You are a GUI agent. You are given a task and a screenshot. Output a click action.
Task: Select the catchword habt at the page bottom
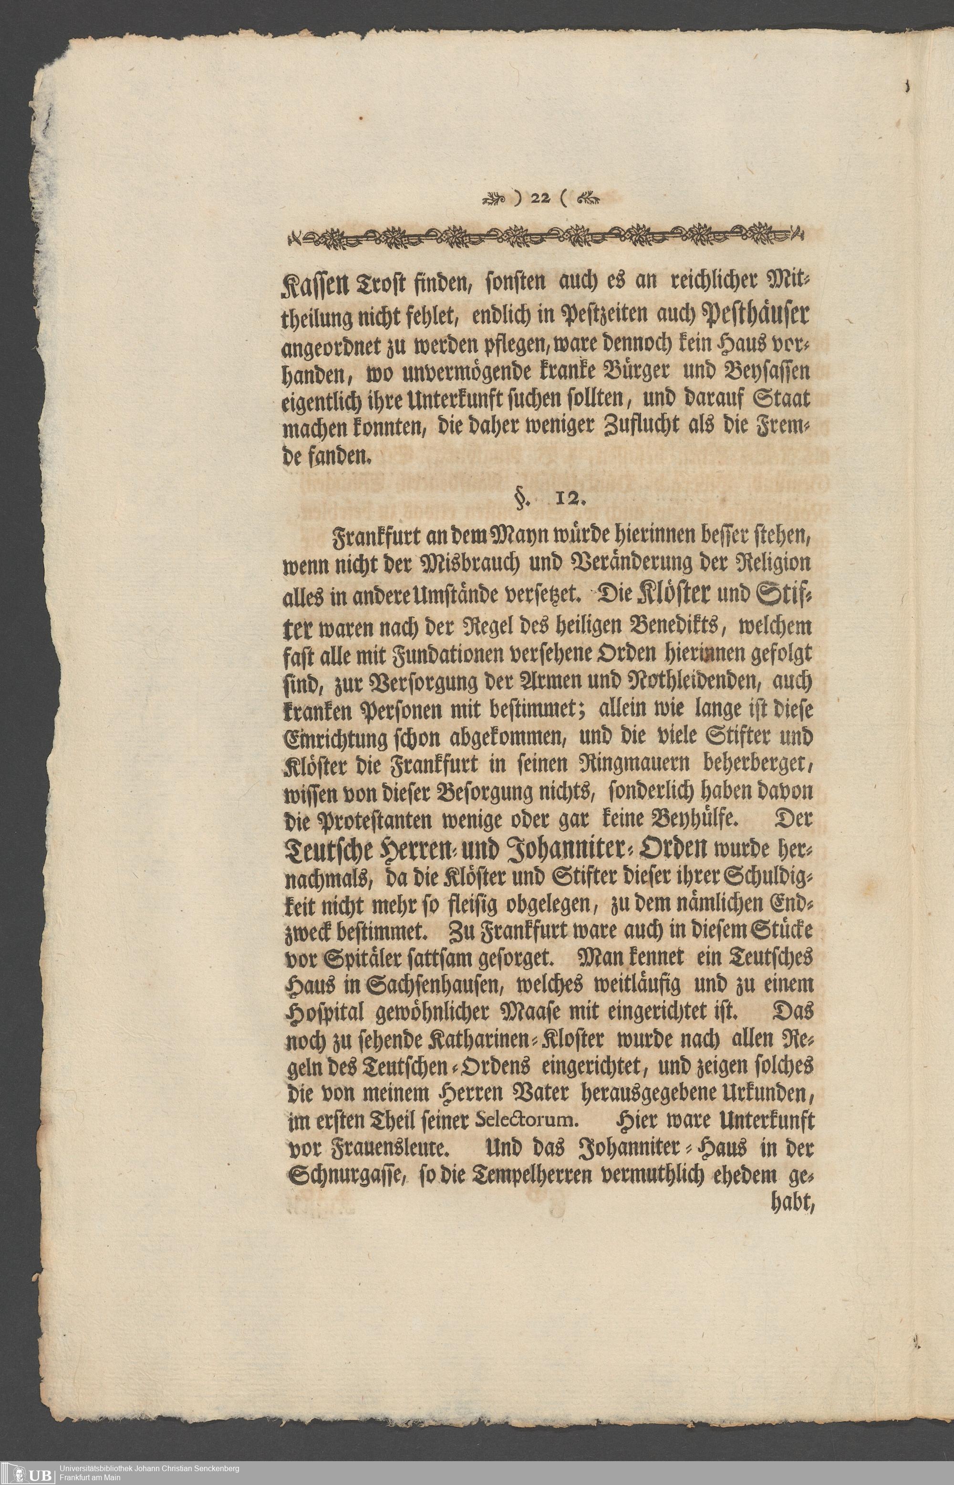788,1204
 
